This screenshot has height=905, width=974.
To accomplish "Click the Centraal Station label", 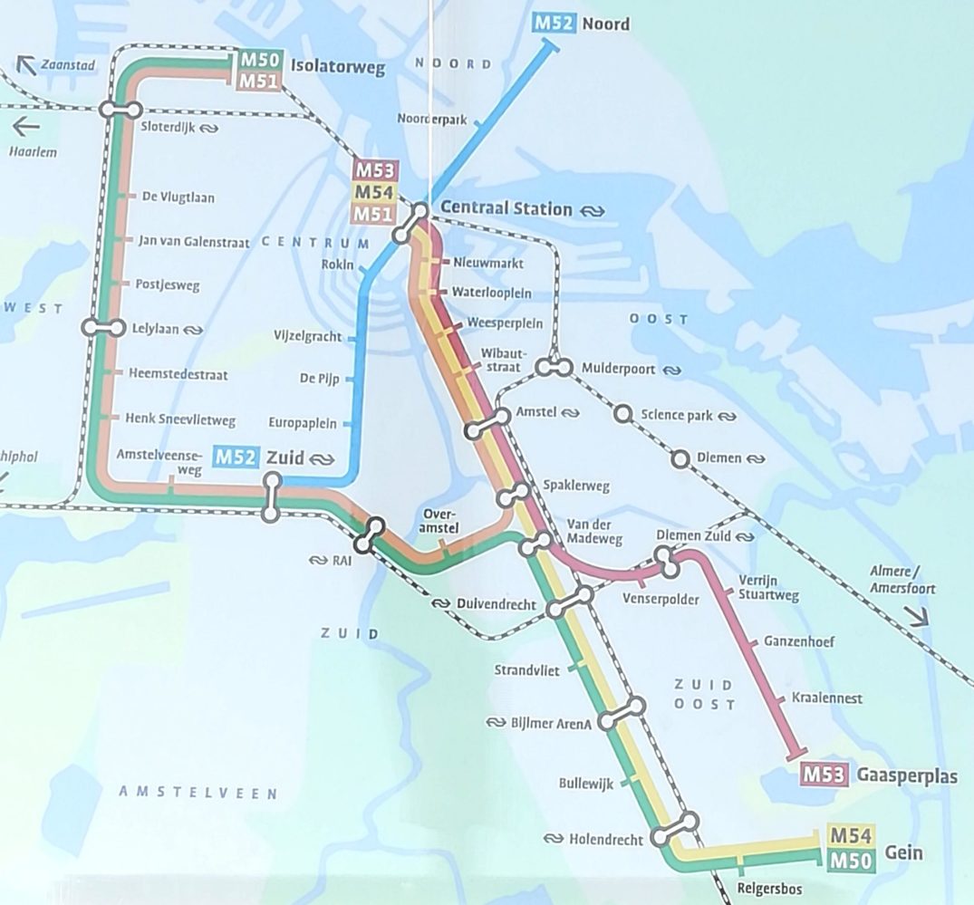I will point(506,209).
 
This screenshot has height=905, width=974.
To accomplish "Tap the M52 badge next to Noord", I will point(554,23).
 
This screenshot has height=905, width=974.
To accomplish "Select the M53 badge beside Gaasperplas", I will point(825,775).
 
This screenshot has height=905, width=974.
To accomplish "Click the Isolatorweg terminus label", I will point(338,67).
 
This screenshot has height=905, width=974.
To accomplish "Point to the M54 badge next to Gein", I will point(850,834).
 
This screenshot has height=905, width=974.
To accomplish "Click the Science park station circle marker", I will point(622,414).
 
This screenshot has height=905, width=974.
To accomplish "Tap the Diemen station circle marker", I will point(680,458).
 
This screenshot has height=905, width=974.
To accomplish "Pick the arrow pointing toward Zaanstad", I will point(25,64).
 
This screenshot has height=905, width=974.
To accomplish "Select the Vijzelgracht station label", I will point(308,337).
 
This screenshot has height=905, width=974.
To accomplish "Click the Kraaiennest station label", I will point(826,698).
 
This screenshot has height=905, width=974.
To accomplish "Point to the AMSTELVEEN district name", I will point(198,793).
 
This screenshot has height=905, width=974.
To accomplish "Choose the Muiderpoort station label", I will point(620,370).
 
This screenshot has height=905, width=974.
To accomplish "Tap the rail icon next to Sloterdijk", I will point(209,129).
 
